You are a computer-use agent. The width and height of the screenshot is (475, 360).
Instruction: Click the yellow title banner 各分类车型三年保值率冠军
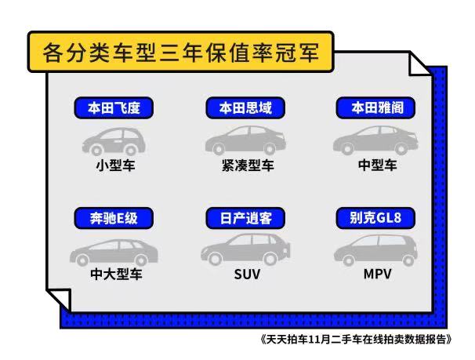coord(181,52)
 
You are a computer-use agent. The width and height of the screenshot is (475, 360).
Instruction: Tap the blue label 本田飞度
coord(114,108)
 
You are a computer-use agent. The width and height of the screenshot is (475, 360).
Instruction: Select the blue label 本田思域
coord(245,108)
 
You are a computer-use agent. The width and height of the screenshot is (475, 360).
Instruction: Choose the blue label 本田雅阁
coord(375,108)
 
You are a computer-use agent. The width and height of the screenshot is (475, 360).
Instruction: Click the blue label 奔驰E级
coord(114,218)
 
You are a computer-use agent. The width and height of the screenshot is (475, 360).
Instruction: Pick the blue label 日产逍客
coord(245,218)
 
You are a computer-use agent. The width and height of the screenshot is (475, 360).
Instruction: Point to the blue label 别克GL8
coord(375,218)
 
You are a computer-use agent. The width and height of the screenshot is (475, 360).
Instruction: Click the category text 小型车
coord(115,165)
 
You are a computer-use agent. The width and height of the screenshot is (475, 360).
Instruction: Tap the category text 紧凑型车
coord(248,165)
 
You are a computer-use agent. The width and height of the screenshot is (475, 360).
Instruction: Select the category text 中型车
coord(378,165)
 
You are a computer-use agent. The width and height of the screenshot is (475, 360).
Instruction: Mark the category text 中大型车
coord(116,275)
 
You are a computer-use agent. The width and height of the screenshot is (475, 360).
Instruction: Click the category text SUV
coord(247,275)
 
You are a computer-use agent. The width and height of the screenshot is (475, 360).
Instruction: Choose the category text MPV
coord(378,275)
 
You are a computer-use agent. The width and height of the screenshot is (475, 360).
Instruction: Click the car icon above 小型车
coord(114,142)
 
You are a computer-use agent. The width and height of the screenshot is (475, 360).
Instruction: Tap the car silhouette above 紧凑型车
coord(245,140)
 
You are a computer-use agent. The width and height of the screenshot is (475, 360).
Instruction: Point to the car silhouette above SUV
coord(245,249)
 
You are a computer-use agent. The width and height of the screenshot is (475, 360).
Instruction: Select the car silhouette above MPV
coord(375,250)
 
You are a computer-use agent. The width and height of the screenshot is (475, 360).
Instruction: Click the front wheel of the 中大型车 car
coord(82,260)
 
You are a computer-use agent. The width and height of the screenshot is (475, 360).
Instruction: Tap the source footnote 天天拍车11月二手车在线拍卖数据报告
coord(356,339)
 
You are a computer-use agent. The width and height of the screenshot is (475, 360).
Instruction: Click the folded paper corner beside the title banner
coord(418,65)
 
